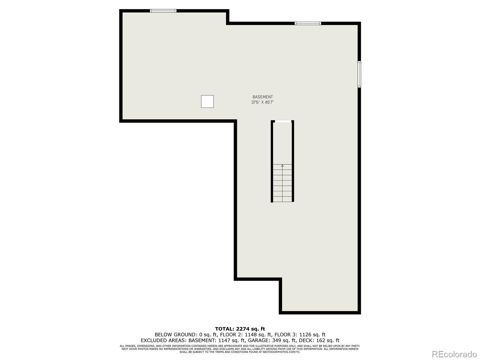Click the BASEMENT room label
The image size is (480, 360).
coord(262,97)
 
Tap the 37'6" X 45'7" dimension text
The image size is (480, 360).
coord(262,102)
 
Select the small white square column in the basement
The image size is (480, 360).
coord(207,101)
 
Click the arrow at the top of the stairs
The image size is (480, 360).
coord(282,166)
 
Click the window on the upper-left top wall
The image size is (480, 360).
coord(163,11)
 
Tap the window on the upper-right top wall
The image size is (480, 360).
coord(308,23)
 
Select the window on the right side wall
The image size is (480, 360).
coord(359,74)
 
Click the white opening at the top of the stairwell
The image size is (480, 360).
coord(283,121)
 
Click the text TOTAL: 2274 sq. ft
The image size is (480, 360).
coord(240,329)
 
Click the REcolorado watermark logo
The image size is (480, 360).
coord(454,354)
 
